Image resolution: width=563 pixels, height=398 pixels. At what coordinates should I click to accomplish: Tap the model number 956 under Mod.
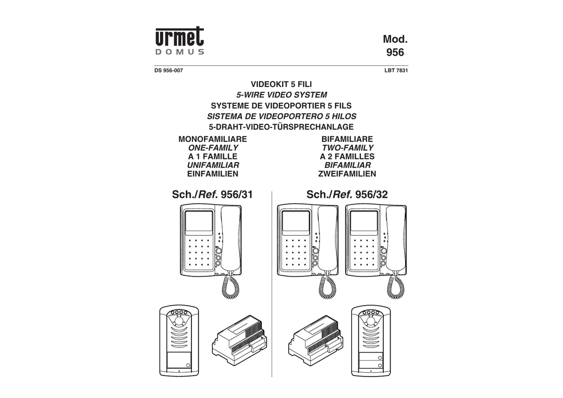pyautogui.click(x=395, y=52)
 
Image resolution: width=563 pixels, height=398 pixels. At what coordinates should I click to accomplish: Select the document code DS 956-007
pyautogui.click(x=169, y=71)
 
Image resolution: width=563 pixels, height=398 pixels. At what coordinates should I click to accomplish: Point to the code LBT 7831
pyautogui.click(x=396, y=71)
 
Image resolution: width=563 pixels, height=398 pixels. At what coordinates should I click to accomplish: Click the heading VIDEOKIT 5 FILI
pyautogui.click(x=281, y=84)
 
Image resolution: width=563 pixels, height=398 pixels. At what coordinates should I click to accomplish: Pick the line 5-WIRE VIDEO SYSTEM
pyautogui.click(x=281, y=95)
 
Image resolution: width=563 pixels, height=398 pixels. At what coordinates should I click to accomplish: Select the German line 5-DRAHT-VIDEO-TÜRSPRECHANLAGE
pyautogui.click(x=281, y=126)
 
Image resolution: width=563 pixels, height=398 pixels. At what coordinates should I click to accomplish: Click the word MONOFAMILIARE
pyautogui.click(x=213, y=139)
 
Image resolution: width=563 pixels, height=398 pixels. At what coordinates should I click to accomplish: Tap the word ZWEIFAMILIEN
pyautogui.click(x=347, y=174)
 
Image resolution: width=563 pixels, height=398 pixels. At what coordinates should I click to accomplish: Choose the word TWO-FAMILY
pyautogui.click(x=347, y=147)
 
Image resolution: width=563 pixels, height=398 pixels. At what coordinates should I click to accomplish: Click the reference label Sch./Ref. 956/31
pyautogui.click(x=213, y=195)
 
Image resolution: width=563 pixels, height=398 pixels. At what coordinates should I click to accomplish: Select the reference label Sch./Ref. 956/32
pyautogui.click(x=347, y=195)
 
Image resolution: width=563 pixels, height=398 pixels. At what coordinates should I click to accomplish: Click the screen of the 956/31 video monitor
pyautogui.click(x=198, y=222)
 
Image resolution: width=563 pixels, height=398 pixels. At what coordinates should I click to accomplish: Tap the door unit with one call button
pyautogui.click(x=179, y=341)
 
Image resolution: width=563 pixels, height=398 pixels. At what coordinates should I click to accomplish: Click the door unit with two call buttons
pyautogui.click(x=371, y=341)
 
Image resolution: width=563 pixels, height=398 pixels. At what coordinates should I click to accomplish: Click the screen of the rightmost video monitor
pyautogui.click(x=364, y=222)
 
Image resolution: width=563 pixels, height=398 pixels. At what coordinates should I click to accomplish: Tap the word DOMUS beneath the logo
pyautogui.click(x=180, y=52)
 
